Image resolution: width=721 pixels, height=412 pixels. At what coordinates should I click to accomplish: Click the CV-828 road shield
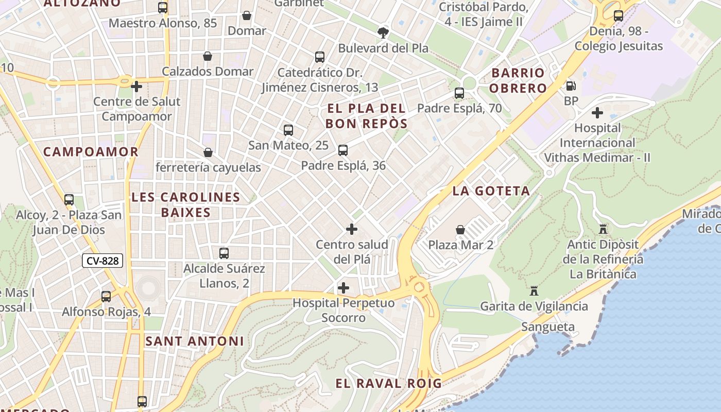coord(102,261)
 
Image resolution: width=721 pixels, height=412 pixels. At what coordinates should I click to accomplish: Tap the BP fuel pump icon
coord(571,86)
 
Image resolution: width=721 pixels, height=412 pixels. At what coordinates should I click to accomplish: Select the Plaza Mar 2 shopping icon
coord(460,230)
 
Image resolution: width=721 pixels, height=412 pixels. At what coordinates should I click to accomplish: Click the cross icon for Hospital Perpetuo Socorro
coord(344,288)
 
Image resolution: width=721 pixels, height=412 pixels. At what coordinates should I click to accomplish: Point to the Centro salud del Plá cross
coord(352,229)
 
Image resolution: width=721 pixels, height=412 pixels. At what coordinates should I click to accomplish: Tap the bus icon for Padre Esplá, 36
coord(343,150)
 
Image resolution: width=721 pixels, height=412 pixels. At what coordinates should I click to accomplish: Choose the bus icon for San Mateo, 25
coord(288,130)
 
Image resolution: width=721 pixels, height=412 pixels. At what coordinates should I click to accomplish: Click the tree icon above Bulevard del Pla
coord(383,33)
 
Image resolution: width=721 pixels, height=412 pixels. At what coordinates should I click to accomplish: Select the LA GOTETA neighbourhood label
coord(491,191)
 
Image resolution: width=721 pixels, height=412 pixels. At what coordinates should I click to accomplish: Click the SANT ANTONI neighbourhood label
coord(195,341)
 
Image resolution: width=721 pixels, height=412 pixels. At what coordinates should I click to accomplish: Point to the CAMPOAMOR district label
coord(91,152)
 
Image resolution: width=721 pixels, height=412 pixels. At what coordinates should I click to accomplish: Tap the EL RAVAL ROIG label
coord(388,383)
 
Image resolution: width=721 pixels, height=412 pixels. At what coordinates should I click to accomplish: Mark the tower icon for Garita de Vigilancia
coord(534,291)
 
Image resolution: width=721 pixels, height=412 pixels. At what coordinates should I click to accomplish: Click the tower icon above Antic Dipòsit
coord(603,229)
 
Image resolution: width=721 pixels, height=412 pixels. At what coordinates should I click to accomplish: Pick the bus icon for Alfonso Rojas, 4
coord(106,297)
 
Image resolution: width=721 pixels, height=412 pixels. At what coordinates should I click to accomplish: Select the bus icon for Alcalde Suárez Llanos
coord(224,253)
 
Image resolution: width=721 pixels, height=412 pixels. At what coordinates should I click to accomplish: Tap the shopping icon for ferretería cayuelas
coord(208,152)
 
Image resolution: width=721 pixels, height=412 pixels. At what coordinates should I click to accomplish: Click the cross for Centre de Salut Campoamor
coord(136,87)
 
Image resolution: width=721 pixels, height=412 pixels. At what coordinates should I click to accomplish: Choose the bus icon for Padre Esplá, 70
coord(459,93)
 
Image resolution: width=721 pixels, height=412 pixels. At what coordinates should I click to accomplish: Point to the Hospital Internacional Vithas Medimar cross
coord(597,112)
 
